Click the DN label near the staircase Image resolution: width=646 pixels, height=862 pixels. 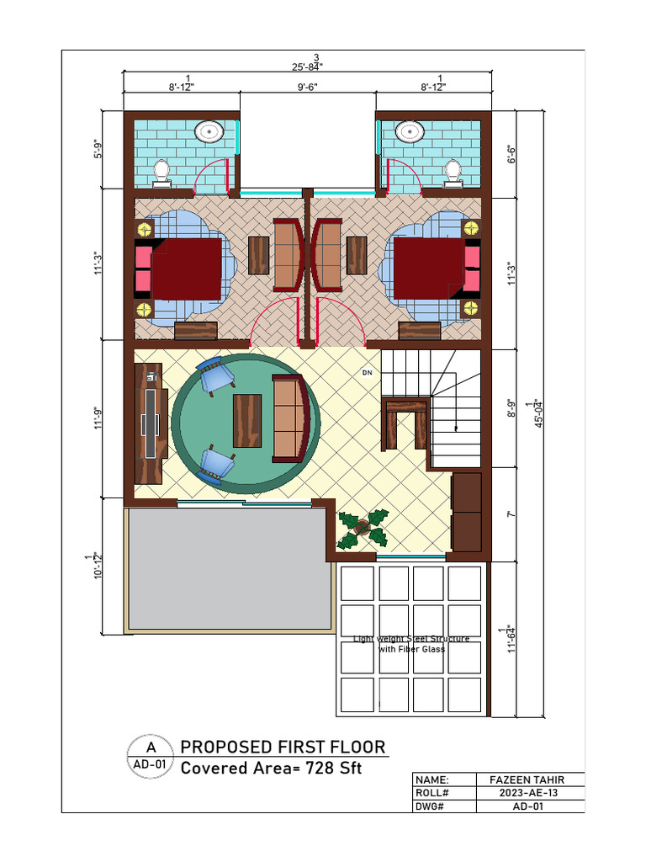367,372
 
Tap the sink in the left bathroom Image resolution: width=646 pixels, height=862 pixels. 209,131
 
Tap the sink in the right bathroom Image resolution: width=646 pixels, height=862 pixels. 410,131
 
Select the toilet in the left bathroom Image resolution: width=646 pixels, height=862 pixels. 161,171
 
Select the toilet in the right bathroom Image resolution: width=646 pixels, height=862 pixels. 453,171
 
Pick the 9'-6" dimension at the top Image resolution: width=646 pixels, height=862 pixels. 307,86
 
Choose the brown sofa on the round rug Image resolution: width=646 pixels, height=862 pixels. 289,419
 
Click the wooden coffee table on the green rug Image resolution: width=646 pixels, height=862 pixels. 247,419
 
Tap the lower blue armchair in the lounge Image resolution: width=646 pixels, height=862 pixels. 216,465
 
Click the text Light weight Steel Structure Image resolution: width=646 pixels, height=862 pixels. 410,640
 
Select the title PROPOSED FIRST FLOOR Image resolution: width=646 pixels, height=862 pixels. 283,747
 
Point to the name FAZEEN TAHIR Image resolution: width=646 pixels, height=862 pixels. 530,780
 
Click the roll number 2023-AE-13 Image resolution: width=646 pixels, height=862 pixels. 530,793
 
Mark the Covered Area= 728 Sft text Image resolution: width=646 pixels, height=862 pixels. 273,768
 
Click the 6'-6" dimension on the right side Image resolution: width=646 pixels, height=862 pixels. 511,155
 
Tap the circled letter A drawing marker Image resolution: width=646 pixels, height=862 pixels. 151,748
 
